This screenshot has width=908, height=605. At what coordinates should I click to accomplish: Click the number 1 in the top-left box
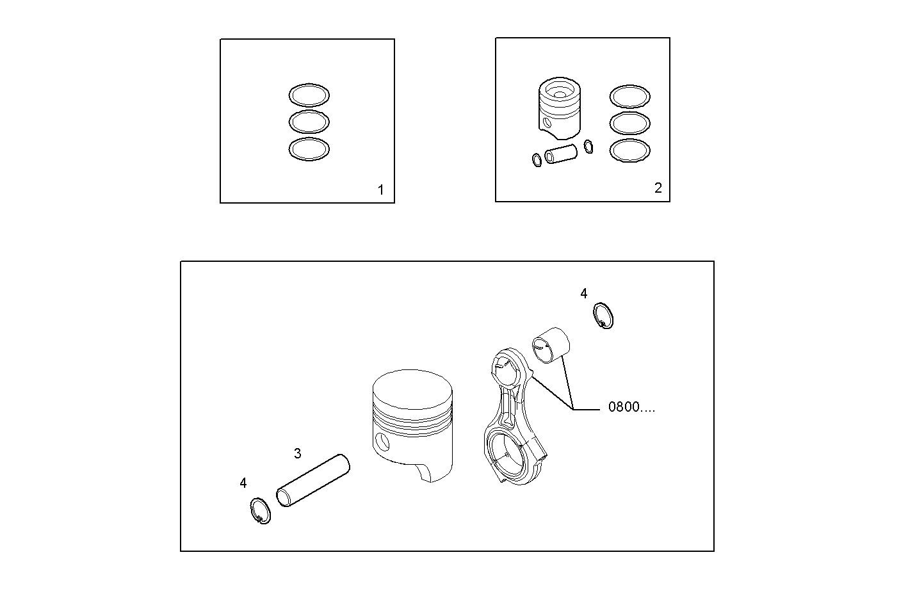pyautogui.click(x=380, y=190)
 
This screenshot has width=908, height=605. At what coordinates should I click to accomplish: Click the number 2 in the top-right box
pyautogui.click(x=658, y=188)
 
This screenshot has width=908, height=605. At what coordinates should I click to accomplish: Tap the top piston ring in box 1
pyautogui.click(x=309, y=95)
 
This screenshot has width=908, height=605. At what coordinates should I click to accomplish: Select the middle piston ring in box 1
pyautogui.click(x=309, y=121)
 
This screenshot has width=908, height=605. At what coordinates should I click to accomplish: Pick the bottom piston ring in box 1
pyautogui.click(x=309, y=149)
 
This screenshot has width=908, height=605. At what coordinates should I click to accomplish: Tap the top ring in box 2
pyautogui.click(x=629, y=96)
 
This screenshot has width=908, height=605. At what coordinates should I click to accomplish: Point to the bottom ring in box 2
pyautogui.click(x=629, y=150)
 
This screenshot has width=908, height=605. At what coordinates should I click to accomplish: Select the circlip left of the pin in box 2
pyautogui.click(x=536, y=159)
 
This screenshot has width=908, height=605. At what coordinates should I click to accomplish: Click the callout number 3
pyautogui.click(x=297, y=454)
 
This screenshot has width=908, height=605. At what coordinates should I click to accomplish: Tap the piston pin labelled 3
pyautogui.click(x=313, y=480)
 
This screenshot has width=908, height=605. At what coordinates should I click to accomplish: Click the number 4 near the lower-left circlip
pyautogui.click(x=243, y=483)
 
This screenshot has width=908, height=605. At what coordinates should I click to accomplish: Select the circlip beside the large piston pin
pyautogui.click(x=259, y=511)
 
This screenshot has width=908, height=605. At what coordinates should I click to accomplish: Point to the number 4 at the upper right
pyautogui.click(x=583, y=293)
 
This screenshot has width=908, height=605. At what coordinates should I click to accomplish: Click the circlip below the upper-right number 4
pyautogui.click(x=602, y=315)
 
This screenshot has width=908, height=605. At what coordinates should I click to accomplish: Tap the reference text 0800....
pyautogui.click(x=631, y=407)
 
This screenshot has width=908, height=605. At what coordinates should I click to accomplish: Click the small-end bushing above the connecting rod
pyautogui.click(x=551, y=346)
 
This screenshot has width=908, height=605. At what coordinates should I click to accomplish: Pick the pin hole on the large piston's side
pyautogui.click(x=383, y=441)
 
